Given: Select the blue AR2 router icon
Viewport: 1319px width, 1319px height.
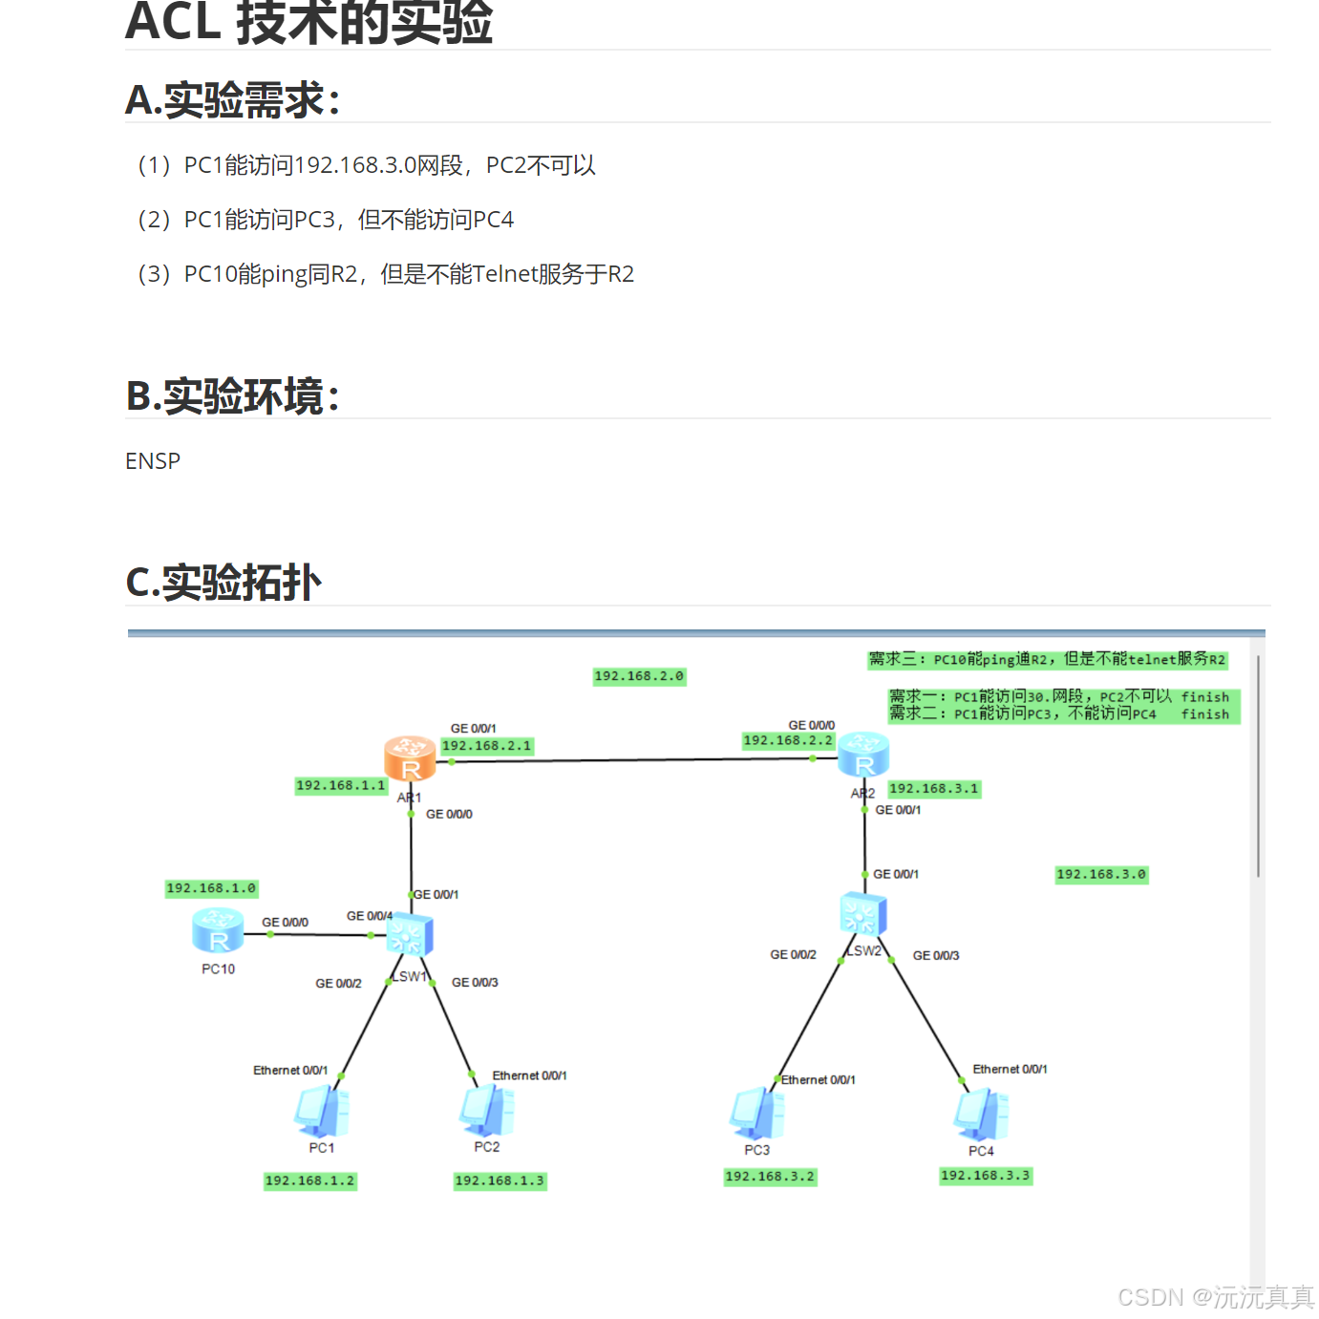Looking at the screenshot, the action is (x=863, y=755).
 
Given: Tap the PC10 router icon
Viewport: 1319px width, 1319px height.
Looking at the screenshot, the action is (x=218, y=930).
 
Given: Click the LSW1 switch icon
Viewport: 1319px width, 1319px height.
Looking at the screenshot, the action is (x=410, y=934).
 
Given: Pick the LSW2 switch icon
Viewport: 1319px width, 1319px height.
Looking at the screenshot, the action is (x=863, y=914).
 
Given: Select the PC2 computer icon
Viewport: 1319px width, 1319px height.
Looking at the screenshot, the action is (x=487, y=1111).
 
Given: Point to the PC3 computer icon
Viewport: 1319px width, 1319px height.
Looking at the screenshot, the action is (x=757, y=1114).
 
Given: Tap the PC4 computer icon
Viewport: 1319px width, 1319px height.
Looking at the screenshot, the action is (x=981, y=1115).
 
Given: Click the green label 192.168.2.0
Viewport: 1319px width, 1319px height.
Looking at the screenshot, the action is (x=639, y=676).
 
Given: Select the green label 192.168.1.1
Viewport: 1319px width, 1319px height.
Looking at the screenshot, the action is (x=341, y=785).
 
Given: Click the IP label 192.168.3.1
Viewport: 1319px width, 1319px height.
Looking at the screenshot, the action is (x=933, y=788).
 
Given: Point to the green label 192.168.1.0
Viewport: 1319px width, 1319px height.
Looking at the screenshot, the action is (x=211, y=888).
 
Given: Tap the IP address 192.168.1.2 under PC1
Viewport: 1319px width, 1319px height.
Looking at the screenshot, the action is (x=309, y=1181).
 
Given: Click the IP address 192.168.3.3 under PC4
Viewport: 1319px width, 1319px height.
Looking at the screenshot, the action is (x=985, y=1176).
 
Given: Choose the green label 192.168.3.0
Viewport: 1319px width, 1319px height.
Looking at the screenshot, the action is (x=1100, y=874).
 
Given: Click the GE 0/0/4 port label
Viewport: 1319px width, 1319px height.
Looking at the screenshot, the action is (x=369, y=916).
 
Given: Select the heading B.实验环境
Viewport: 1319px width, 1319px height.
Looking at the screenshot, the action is (x=233, y=396).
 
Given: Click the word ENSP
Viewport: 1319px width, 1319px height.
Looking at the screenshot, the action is (x=153, y=461).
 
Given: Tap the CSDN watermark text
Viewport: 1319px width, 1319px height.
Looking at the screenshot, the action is (x=1215, y=1296).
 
